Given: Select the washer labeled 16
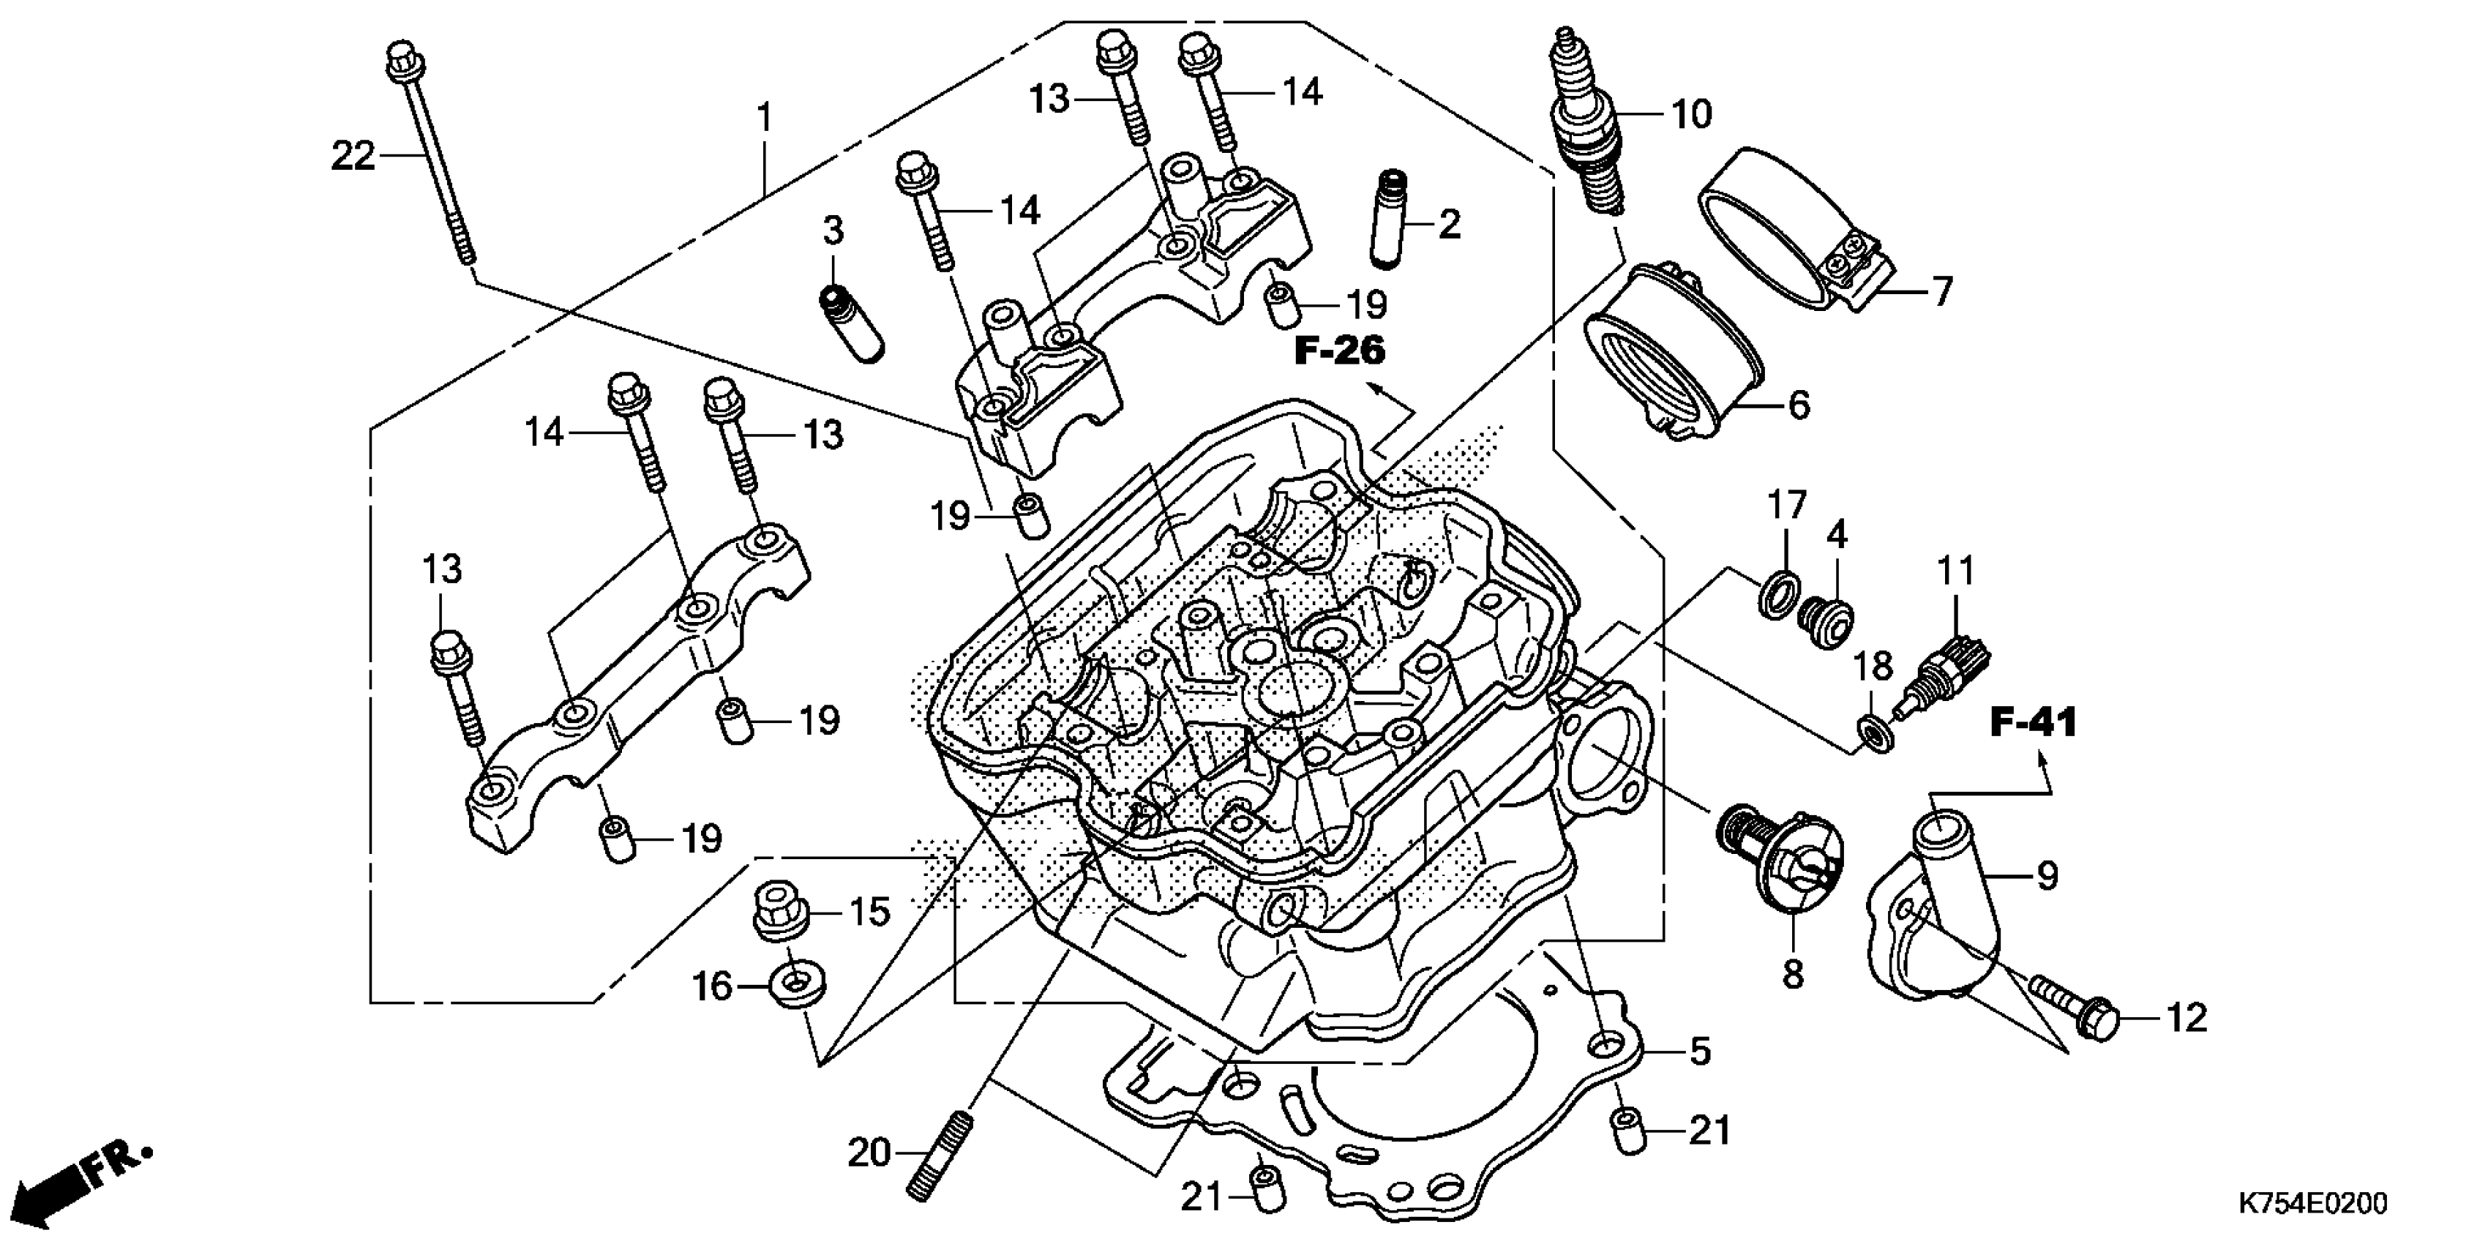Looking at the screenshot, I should (x=796, y=985).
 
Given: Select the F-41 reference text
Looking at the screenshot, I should (x=2032, y=722).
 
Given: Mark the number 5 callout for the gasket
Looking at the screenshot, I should (x=1700, y=1051).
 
